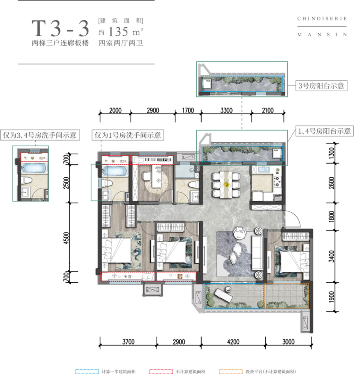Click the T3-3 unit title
pos(60,29)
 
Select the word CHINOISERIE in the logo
pos(322,19)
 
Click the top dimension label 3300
pos(226,110)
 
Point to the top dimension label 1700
pos(188,110)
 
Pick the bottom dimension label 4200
pos(233,342)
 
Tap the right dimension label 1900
pos(332,296)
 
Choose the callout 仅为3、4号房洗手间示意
pos(40,135)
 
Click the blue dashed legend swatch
pos(86,370)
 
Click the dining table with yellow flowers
pos(226,184)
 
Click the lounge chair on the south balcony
pos(221,296)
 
